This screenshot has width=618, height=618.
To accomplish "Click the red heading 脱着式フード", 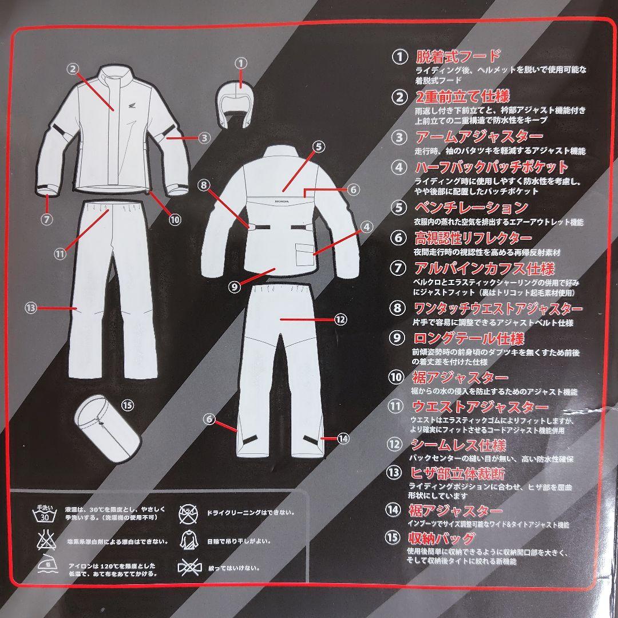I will pyautogui.click(x=457, y=56).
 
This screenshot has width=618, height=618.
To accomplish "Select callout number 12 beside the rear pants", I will pyautogui.click(x=340, y=320).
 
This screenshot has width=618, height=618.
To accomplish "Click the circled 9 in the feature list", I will pyautogui.click(x=397, y=338).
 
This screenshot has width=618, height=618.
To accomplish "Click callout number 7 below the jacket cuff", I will pyautogui.click(x=47, y=217).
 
